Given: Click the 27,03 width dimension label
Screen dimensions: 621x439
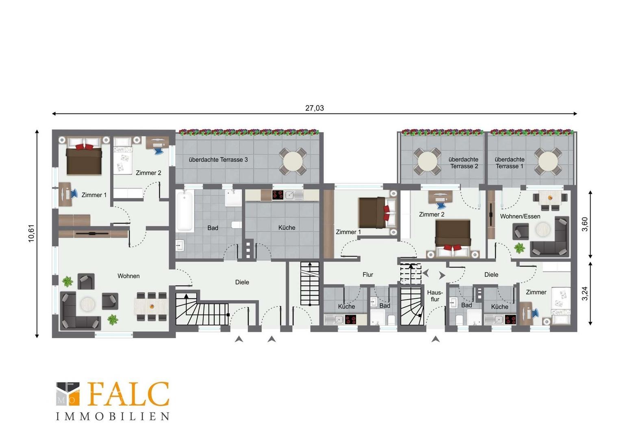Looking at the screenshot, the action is [x=315, y=108].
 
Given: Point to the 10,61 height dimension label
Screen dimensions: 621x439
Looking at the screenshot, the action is [x=31, y=233].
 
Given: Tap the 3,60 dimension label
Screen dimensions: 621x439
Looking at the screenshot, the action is [x=585, y=224].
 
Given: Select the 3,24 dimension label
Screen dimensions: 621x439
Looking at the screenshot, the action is [x=585, y=294].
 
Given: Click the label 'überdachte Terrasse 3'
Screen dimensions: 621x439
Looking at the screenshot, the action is [x=218, y=160].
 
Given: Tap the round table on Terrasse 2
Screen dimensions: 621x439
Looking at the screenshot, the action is [x=427, y=162].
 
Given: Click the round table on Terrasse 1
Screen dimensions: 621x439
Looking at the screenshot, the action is [x=548, y=162].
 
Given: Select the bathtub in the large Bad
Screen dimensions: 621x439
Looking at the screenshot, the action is [x=185, y=211].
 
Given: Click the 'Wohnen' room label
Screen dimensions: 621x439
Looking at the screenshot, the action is [x=128, y=276].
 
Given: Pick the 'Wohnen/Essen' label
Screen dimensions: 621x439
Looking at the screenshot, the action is [x=520, y=216].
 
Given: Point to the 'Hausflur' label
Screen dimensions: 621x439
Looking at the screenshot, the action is [x=435, y=296].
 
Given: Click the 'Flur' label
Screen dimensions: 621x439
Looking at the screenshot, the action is [x=368, y=274].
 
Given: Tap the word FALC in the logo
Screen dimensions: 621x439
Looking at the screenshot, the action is [x=129, y=394].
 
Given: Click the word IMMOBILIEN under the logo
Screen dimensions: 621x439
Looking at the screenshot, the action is [x=113, y=417].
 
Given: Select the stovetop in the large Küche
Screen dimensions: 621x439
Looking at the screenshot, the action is [x=278, y=195].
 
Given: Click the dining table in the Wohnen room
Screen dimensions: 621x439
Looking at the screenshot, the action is [x=151, y=306].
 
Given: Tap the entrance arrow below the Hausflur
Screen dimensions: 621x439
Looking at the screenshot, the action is [x=436, y=339].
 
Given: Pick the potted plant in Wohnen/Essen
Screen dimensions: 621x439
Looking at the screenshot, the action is [x=519, y=248].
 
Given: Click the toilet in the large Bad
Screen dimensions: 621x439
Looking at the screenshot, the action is [x=236, y=225].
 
